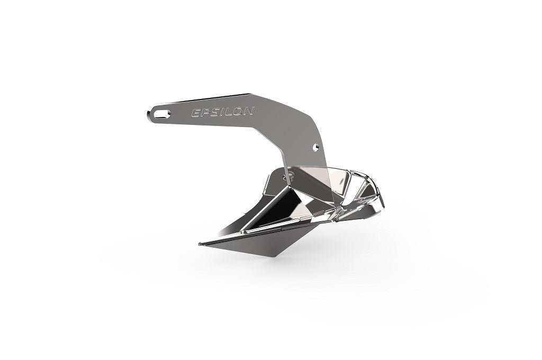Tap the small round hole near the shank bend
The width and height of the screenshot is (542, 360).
315,145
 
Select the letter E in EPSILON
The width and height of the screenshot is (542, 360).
195,113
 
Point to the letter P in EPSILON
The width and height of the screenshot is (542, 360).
204,112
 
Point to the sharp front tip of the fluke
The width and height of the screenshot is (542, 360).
200,244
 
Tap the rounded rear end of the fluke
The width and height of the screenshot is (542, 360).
382,199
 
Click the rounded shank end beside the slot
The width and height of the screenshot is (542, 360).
148,113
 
